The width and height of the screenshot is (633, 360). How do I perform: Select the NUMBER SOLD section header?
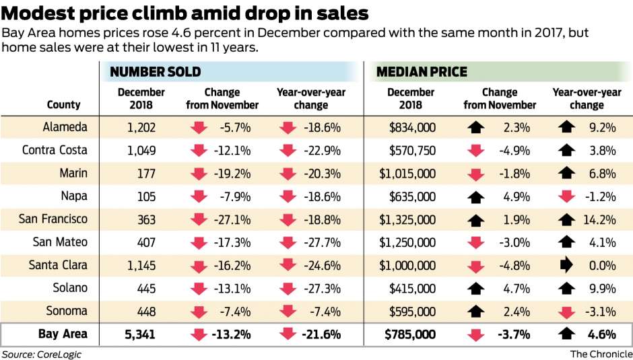156,72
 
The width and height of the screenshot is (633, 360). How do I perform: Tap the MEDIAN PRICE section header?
422,72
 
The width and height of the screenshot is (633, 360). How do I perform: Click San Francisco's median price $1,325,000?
407,219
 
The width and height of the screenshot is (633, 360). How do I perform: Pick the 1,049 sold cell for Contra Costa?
140,149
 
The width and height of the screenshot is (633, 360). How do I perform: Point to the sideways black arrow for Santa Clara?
566,264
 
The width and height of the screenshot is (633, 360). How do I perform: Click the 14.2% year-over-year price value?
601,219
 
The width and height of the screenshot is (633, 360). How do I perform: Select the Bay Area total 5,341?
140,334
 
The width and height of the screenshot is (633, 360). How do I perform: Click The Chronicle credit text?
601,354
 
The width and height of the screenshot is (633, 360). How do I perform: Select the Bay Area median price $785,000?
410,334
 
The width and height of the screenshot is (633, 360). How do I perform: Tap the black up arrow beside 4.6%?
566,334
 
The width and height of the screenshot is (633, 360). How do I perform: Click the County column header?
64,104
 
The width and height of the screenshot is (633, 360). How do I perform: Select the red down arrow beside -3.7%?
476,334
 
